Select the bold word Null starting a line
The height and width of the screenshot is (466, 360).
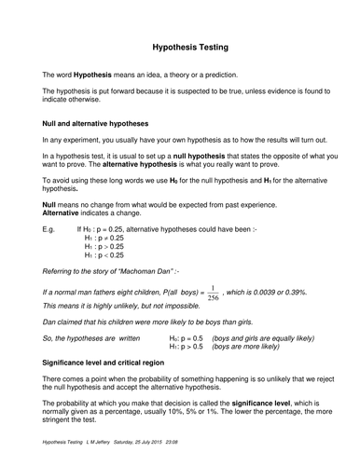pos(51,202)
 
